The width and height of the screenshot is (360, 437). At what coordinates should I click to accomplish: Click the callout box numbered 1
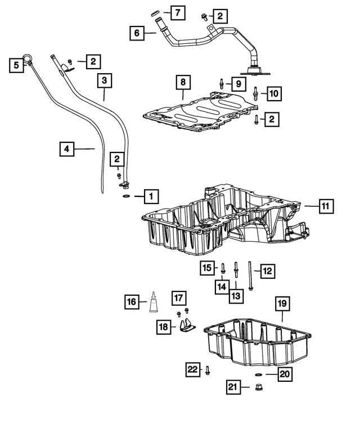(x=151, y=196)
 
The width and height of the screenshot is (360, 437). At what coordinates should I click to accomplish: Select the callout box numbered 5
(x=16, y=66)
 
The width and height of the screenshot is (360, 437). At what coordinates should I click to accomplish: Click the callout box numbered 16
(x=132, y=302)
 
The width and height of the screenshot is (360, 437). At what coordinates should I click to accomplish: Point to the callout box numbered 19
(x=282, y=304)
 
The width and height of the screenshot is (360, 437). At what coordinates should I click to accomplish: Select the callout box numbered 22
(x=193, y=369)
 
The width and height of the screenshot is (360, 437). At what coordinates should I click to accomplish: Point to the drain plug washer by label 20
(x=257, y=373)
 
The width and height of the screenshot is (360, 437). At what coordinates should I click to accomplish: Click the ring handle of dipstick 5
(x=28, y=56)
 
